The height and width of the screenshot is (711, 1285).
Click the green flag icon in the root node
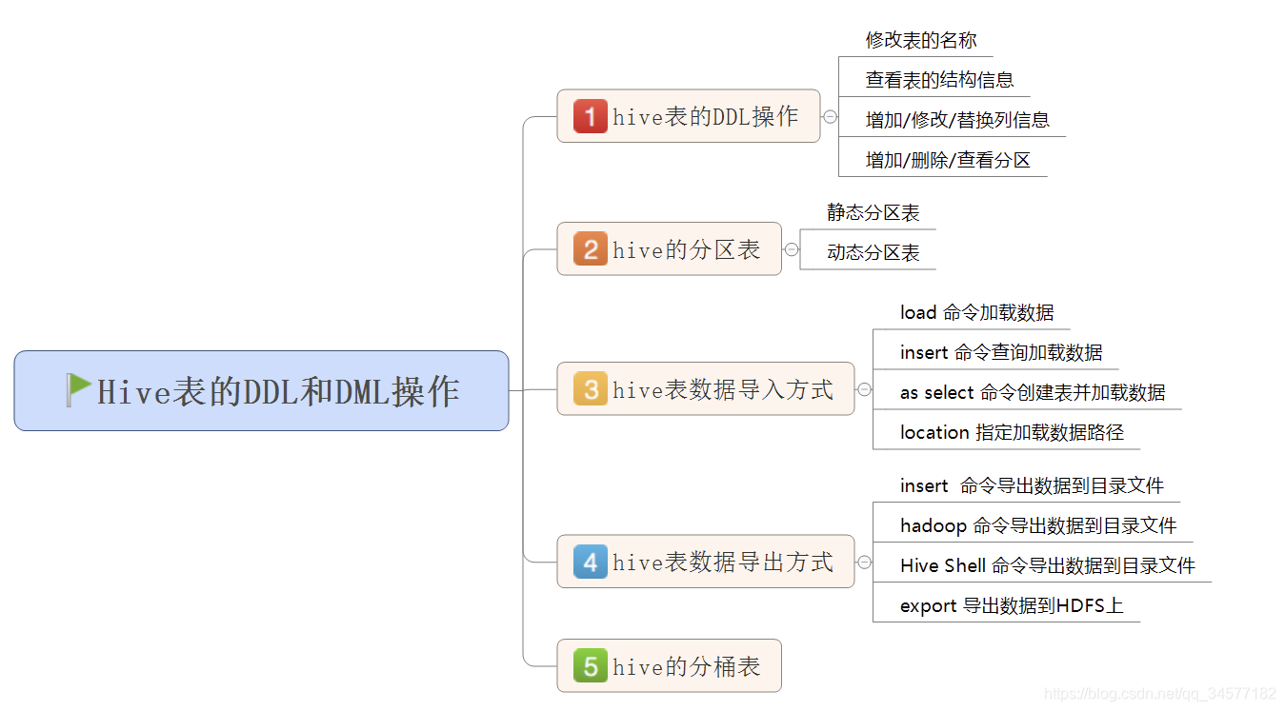click(79, 389)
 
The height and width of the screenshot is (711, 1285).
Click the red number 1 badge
click(590, 116)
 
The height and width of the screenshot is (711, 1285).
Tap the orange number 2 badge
click(590, 249)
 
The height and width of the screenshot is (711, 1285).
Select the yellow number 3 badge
click(590, 389)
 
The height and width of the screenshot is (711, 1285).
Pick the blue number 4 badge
click(590, 562)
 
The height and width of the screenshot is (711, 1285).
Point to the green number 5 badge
click(590, 666)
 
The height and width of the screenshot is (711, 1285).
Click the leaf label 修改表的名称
click(921, 40)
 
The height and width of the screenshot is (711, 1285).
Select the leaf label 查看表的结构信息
click(939, 80)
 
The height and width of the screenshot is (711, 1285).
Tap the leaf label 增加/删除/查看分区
click(948, 160)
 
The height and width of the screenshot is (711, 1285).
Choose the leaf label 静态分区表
click(873, 212)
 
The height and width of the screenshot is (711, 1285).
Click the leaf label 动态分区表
click(873, 253)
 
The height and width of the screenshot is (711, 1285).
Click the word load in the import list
click(918, 312)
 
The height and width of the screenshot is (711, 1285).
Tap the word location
click(934, 432)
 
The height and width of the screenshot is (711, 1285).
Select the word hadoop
click(934, 525)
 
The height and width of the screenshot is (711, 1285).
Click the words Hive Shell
click(943, 565)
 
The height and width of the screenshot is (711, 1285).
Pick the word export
click(928, 605)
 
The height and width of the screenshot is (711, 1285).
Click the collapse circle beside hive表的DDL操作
click(830, 116)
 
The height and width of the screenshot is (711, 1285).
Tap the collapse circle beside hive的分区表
click(792, 249)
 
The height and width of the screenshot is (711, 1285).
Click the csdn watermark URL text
click(1159, 694)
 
